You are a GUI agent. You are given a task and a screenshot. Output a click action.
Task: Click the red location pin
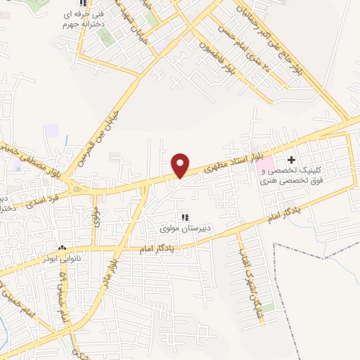181,165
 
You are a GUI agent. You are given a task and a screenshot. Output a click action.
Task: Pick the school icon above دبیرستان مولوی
185,217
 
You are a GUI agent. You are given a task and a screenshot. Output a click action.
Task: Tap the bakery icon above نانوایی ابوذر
62,247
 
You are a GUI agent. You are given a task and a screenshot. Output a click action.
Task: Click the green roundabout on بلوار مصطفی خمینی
75,188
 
